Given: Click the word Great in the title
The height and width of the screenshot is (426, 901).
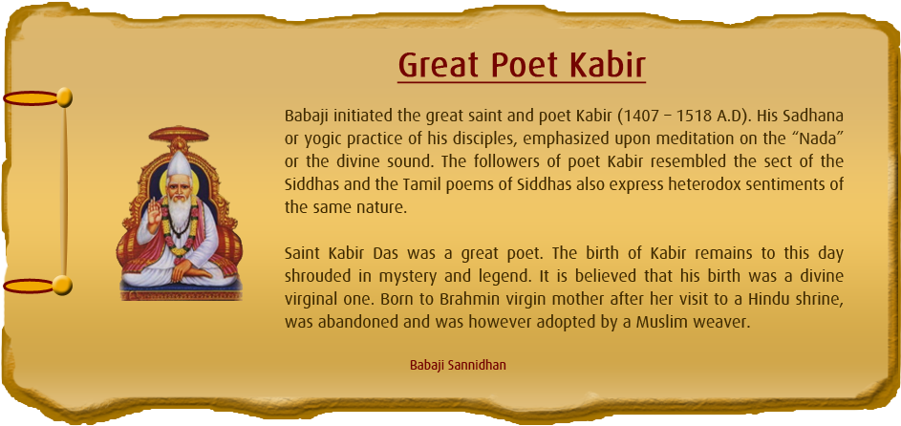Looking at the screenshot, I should click(440, 65).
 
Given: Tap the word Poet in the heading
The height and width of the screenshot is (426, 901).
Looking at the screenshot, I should click(526, 65).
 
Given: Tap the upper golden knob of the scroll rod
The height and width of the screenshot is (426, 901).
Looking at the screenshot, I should click(64, 96).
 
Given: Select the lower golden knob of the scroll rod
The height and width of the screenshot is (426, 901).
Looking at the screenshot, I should click(63, 284).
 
